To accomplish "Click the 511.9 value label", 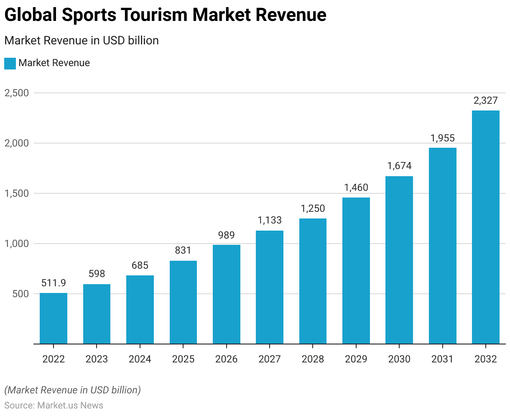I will [54, 283].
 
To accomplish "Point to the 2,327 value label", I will [485, 100].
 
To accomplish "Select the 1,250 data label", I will [313, 208].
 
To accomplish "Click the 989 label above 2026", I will [226, 235].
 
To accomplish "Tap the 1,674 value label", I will [399, 166].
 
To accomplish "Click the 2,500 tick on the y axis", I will [17, 93].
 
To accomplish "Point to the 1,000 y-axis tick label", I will [17, 244].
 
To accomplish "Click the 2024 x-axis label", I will [140, 359].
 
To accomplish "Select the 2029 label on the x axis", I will [356, 359].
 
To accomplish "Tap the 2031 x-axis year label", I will [442, 359].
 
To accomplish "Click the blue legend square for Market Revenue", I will [10, 63].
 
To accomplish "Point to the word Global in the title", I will [30, 15].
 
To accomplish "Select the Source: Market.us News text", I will [54, 405].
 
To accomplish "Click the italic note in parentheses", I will [72, 390].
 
